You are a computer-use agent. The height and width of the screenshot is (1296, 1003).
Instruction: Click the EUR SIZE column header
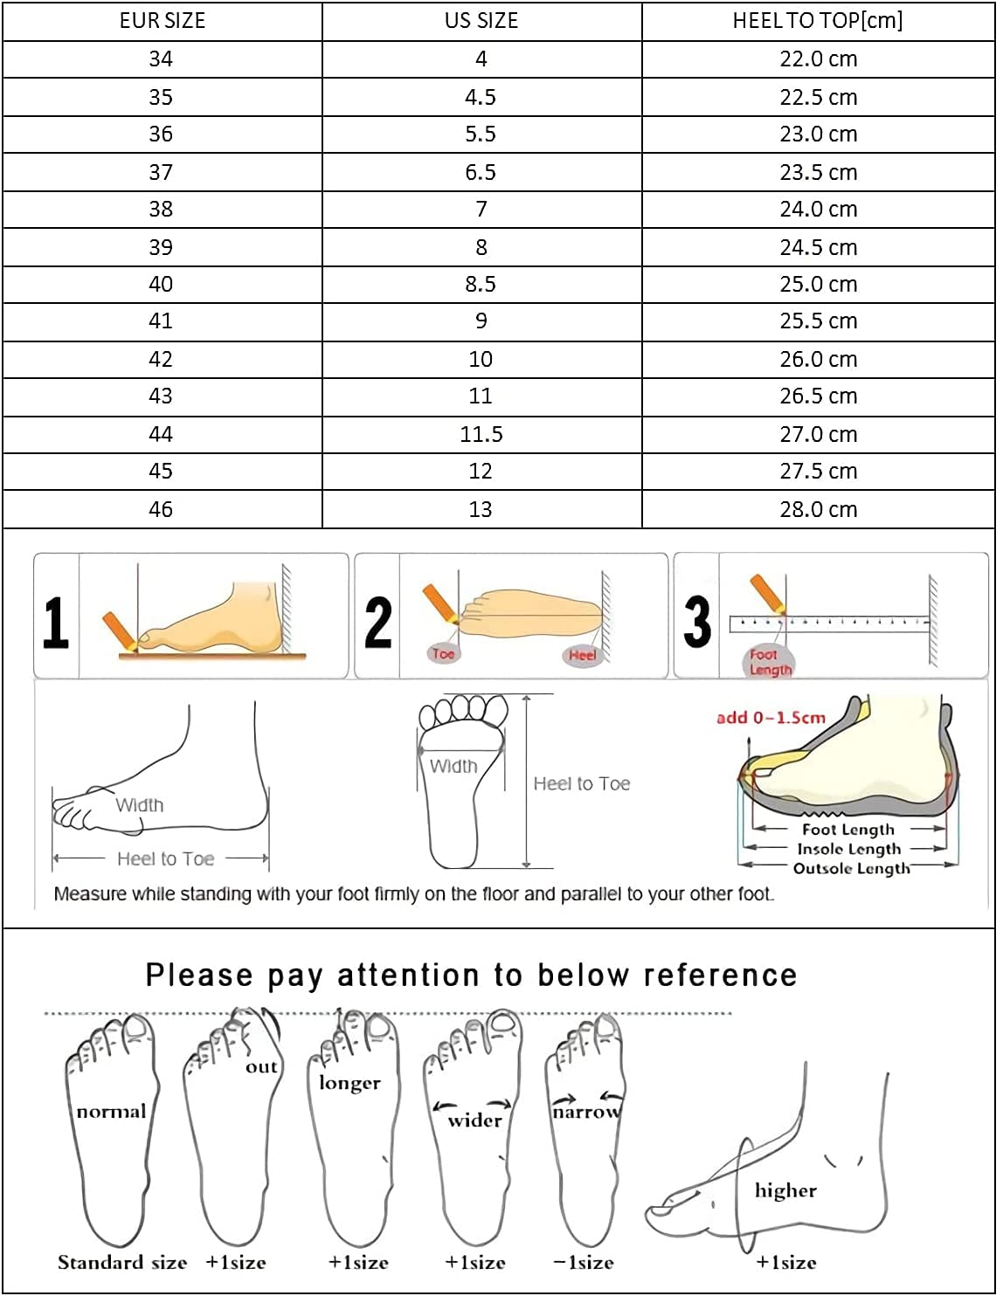[163, 21]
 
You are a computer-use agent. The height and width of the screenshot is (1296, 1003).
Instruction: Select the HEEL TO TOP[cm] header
[818, 21]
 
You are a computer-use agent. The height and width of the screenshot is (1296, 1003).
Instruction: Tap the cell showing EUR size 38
[161, 209]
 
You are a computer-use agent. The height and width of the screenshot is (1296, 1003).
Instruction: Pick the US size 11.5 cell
[481, 434]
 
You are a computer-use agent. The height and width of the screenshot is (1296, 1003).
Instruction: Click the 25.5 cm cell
[818, 321]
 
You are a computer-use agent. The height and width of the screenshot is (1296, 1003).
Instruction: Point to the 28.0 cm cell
[818, 509]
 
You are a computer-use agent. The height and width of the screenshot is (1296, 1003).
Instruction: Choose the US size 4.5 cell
[481, 97]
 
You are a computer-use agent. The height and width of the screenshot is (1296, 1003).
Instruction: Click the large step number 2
[378, 622]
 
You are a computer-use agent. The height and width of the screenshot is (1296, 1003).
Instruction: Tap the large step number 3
[697, 622]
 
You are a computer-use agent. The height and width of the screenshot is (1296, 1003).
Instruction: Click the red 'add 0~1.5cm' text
[771, 717]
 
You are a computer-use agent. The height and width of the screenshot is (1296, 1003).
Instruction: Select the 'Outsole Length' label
[852, 868]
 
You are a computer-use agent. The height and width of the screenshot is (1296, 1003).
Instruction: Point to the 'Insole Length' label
[849, 849]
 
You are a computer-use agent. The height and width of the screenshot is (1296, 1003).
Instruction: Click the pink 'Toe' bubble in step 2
[443, 653]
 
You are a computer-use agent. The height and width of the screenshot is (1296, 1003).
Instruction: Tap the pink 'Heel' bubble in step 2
[582, 656]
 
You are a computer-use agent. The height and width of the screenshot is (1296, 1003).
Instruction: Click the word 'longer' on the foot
[349, 1083]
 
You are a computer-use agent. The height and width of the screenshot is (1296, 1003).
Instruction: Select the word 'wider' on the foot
[475, 1120]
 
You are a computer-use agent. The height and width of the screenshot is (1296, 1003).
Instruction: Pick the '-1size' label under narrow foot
[584, 1262]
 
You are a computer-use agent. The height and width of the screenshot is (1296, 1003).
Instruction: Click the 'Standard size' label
[122, 1262]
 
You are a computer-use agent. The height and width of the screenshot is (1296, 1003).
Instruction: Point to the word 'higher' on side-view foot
[785, 1190]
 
